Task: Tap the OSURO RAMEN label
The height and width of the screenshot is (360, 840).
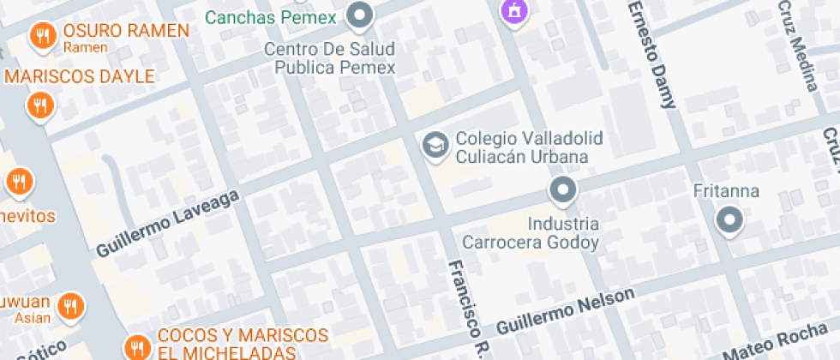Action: pyautogui.click(x=125, y=32)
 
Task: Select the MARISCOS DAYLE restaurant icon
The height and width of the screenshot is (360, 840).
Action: pyautogui.click(x=39, y=105)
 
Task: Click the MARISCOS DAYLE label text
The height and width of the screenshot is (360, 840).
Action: pyautogui.click(x=80, y=76)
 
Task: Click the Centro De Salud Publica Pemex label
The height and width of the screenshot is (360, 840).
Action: pyautogui.click(x=329, y=58)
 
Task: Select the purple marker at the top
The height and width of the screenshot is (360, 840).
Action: pyautogui.click(x=513, y=11)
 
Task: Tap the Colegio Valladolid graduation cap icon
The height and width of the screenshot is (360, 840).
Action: pyautogui.click(x=435, y=146)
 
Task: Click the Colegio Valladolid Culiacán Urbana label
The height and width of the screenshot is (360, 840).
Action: pyautogui.click(x=529, y=147)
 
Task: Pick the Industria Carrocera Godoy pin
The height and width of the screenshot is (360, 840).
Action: pyautogui.click(x=562, y=189)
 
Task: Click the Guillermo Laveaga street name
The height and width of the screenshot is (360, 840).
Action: pyautogui.click(x=167, y=221)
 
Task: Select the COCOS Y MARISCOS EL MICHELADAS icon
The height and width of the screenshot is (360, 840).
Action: pyautogui.click(x=135, y=347)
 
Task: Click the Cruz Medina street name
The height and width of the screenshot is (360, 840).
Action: pyautogui.click(x=798, y=43)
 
